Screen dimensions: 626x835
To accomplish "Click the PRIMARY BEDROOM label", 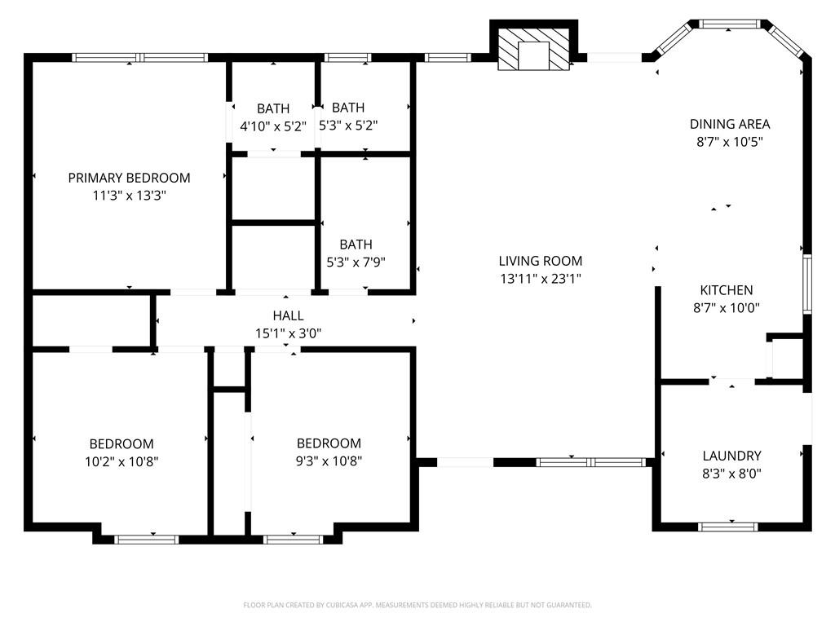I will click(129, 178).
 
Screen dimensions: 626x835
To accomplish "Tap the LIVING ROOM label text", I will click(541, 261).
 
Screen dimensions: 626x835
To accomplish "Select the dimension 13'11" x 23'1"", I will click(541, 279).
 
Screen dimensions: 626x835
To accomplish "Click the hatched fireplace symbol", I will click(534, 50).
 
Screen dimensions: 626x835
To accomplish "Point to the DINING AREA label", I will click(730, 124).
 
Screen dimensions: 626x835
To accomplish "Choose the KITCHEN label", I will click(726, 290).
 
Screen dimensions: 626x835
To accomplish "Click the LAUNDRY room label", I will click(731, 456).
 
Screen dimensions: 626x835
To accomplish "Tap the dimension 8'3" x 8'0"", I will click(731, 474).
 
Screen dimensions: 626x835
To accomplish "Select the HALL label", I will click(288, 315).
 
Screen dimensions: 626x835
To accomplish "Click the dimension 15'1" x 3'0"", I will click(288, 333).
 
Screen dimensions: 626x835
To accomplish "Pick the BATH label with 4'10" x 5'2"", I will click(272, 108).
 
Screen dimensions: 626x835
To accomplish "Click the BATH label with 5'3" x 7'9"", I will click(356, 245).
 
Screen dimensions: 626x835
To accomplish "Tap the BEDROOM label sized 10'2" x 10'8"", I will click(121, 443).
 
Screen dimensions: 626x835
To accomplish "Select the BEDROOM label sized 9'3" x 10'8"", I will click(329, 443).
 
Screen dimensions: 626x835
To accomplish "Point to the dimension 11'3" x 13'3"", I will click(129, 196).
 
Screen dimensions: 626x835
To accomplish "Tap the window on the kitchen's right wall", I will click(807, 284).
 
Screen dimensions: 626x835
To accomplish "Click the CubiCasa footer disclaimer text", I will click(417, 605).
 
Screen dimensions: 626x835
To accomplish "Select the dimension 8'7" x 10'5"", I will click(730, 142).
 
